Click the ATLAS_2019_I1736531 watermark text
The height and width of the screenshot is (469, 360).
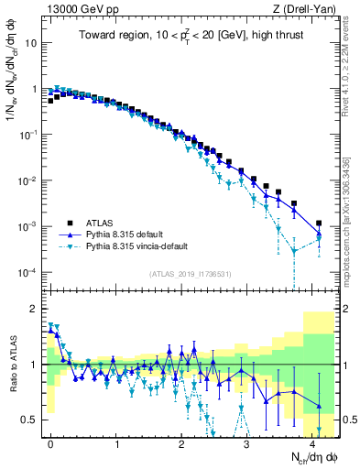pyautogui.click(x=191, y=274)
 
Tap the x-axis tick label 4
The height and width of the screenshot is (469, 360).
pyautogui.click(x=313, y=442)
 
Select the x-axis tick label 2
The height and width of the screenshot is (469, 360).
pyautogui.click(x=182, y=442)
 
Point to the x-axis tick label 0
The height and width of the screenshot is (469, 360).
pyautogui.click(x=50, y=442)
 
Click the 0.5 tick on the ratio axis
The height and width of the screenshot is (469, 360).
pyautogui.click(x=31, y=420)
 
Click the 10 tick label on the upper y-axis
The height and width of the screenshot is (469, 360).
pyautogui.click(x=31, y=43)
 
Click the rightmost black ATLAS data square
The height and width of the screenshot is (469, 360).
pyautogui.click(x=319, y=223)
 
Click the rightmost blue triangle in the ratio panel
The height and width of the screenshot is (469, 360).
pyautogui.click(x=319, y=406)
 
